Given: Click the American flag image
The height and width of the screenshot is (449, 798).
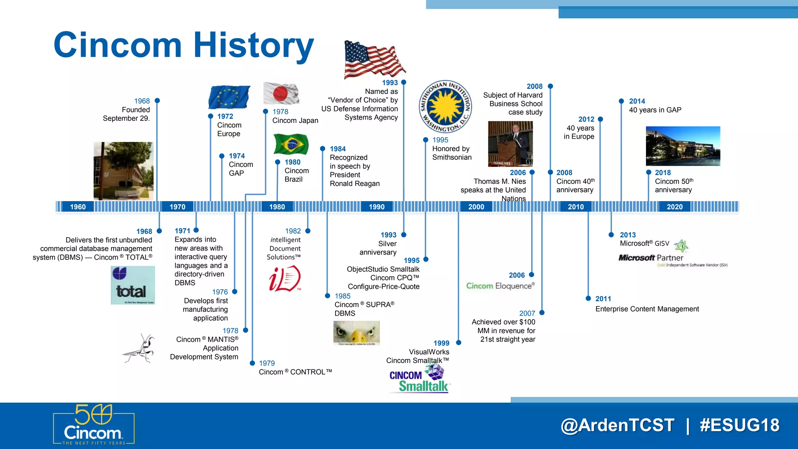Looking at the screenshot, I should pyautogui.click(x=374, y=60).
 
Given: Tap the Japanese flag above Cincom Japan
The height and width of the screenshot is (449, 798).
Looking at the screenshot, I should pyautogui.click(x=281, y=94).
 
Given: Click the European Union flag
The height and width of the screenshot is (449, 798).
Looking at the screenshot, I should pyautogui.click(x=229, y=97).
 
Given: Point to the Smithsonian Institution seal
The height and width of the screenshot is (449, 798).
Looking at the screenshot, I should pyautogui.click(x=445, y=107).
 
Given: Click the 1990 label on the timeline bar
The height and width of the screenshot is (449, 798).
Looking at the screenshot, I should pyautogui.click(x=376, y=207).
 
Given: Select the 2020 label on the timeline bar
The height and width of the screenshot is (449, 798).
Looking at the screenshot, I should pyautogui.click(x=674, y=207).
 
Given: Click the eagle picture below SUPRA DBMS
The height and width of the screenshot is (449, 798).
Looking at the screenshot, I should pyautogui.click(x=357, y=333).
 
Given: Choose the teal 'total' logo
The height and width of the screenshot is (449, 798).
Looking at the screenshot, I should pyautogui.click(x=132, y=285).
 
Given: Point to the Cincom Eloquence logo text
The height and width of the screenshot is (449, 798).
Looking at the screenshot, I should pyautogui.click(x=500, y=286).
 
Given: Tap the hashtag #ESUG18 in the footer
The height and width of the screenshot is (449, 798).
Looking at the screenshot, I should pyautogui.click(x=739, y=425).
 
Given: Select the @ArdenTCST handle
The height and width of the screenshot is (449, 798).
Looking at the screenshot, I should pyautogui.click(x=618, y=425).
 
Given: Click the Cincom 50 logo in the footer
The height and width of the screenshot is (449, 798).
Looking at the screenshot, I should pyautogui.click(x=94, y=425).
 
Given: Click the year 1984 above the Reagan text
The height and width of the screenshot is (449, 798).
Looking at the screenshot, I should pyautogui.click(x=337, y=149).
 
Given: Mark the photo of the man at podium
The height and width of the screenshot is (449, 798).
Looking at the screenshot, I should pyautogui.click(x=510, y=144).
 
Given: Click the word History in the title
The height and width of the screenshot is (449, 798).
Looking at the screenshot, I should pyautogui.click(x=253, y=45).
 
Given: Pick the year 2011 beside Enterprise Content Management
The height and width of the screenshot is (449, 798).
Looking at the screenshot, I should pyautogui.click(x=603, y=299).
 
